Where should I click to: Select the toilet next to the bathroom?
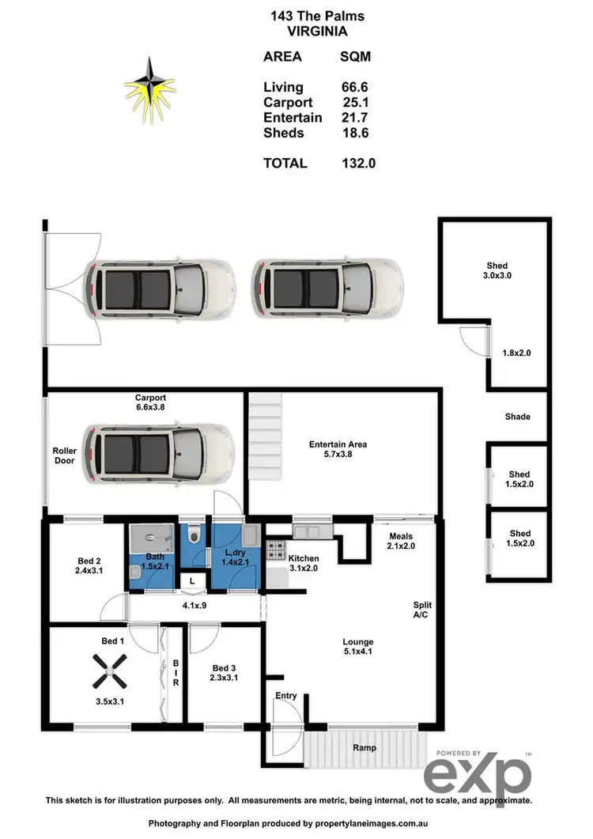[192, 537]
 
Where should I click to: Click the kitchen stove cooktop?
[275, 549]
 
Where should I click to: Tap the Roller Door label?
[64, 455]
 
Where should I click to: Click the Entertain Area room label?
[338, 444]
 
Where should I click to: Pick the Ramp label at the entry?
[364, 747]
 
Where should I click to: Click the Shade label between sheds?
[517, 417]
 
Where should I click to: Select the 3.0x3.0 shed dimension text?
[497, 277]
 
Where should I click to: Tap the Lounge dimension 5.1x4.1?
[357, 653]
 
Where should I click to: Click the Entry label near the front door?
[285, 696]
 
